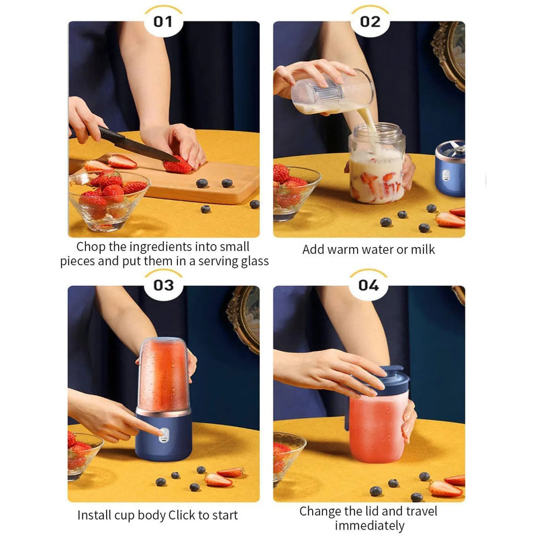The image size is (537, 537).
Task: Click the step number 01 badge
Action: [163, 21]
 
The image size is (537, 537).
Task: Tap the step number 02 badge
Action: [369, 21]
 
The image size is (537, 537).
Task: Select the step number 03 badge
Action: [163, 285]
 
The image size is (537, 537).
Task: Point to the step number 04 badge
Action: [368, 285]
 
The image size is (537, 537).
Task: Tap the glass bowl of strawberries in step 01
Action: [107, 199]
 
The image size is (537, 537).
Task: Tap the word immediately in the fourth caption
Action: [368, 526]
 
